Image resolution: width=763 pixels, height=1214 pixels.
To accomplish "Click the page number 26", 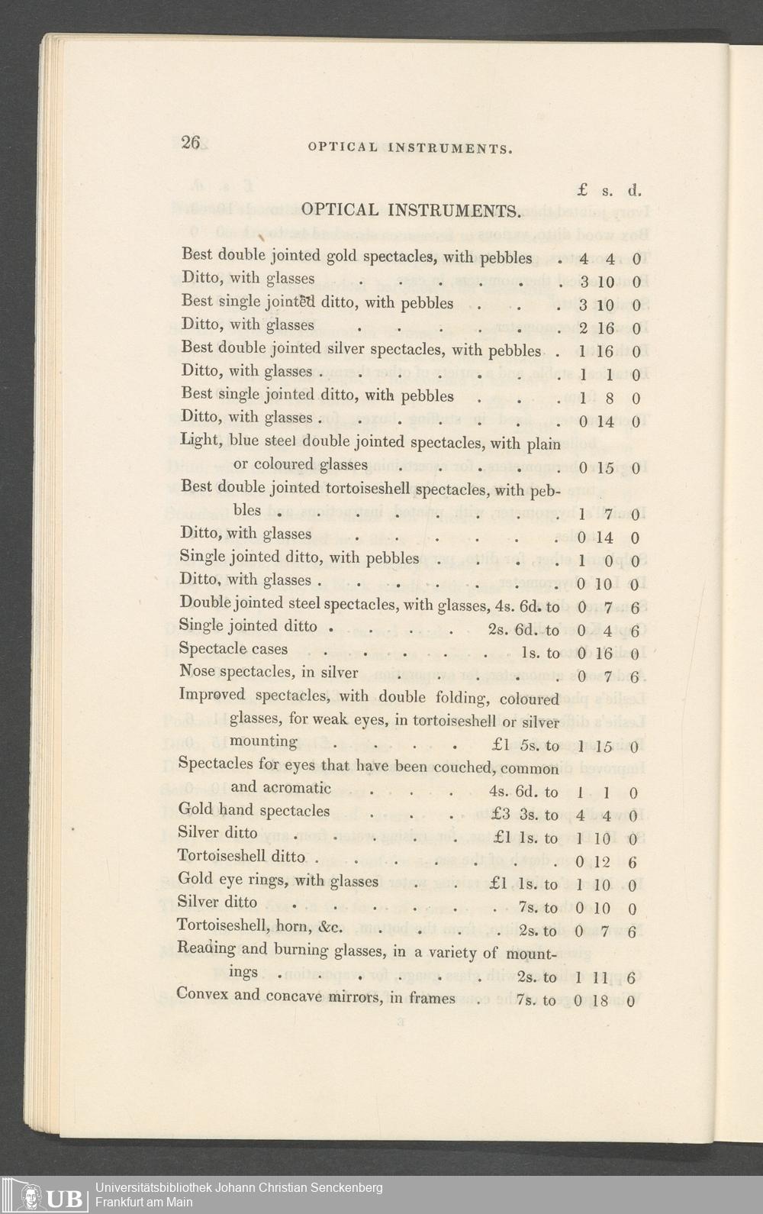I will pyautogui.click(x=190, y=143).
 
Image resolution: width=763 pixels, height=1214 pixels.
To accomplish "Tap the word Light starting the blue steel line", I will pyautogui.click(x=198, y=441).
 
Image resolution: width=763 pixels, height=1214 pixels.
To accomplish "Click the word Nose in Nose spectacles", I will pyautogui.click(x=196, y=672).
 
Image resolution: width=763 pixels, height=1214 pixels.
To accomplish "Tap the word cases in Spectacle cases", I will pyautogui.click(x=271, y=649).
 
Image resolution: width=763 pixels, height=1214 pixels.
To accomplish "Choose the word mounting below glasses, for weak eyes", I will pyautogui.click(x=263, y=741).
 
